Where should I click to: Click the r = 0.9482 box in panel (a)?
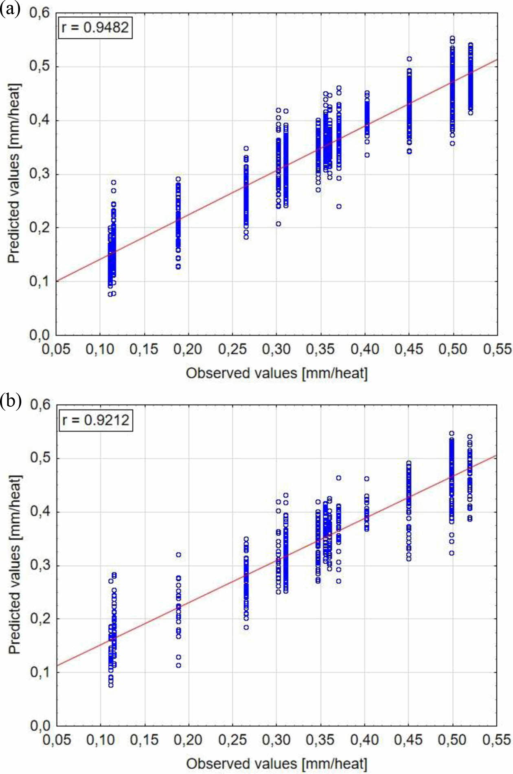(x=95, y=28)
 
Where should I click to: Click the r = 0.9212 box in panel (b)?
(x=96, y=420)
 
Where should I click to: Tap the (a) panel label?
(x=10, y=9)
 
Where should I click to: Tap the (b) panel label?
(x=11, y=401)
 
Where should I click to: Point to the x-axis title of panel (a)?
(x=276, y=373)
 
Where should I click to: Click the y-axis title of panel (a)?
(x=14, y=174)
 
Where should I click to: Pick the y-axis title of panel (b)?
(x=15, y=565)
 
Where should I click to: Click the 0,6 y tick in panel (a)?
(x=39, y=13)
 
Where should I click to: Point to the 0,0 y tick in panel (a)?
(x=39, y=335)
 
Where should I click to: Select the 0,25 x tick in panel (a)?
(x=232, y=349)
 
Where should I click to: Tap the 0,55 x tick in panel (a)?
(x=497, y=349)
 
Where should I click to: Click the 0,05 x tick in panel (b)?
(x=57, y=740)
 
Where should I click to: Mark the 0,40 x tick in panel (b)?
(x=365, y=740)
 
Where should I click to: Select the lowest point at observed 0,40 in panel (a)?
(x=367, y=155)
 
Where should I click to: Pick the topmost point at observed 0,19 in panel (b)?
(x=178, y=555)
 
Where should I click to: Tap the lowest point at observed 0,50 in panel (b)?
(x=452, y=553)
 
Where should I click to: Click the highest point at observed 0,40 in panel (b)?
(x=367, y=479)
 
